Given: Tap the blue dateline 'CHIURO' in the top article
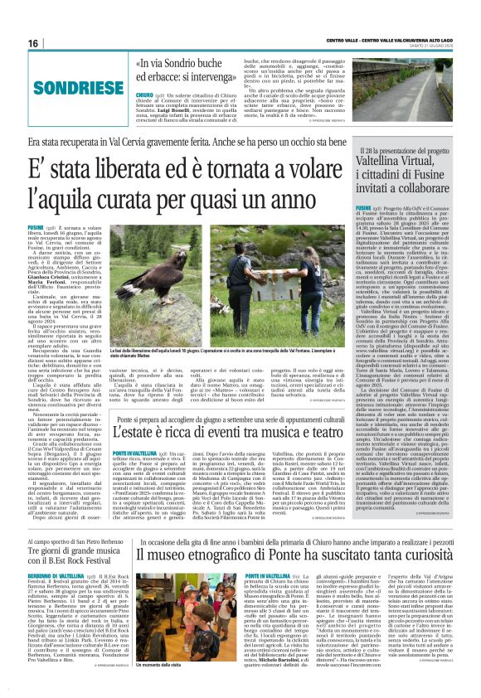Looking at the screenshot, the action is pyautogui.click(x=143, y=95).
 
